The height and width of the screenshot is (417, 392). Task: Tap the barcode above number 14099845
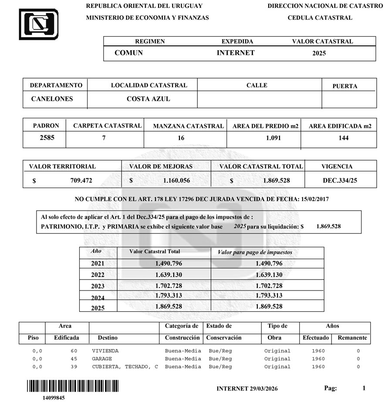click(73, 386)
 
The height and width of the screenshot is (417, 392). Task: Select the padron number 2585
click(44, 138)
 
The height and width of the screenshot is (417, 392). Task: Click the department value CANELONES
click(52, 99)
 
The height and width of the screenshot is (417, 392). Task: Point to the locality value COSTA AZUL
click(148, 99)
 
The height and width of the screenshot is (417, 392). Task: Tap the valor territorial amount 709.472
click(81, 180)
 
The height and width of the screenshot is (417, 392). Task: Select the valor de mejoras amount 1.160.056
click(176, 180)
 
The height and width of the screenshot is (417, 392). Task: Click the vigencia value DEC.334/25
click(340, 180)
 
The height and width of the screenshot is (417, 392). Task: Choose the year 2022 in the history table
click(98, 275)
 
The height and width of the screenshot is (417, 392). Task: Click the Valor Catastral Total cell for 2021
click(169, 263)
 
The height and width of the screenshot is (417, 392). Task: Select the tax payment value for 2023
click(269, 286)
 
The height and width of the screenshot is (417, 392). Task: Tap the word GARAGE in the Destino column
click(102, 359)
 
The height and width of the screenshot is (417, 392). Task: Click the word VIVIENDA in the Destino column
click(105, 351)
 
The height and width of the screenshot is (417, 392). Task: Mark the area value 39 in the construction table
click(74, 367)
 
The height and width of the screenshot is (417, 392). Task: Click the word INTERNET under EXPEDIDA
click(236, 53)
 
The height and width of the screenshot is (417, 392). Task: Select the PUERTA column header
click(345, 86)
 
